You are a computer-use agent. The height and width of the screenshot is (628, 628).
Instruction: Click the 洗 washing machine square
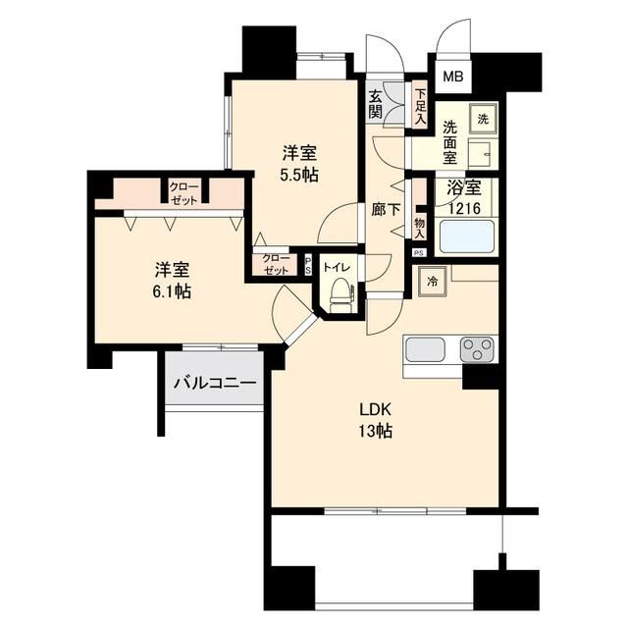coord(483,118)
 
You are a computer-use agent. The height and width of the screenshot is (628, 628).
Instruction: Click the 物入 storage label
coord(420,228)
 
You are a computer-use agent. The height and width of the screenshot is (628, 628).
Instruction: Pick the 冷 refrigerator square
coord(433,282)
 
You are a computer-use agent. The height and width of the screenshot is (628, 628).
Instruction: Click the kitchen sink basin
coord(427,348)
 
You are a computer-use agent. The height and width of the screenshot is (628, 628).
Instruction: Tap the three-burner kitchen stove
coord(478,348)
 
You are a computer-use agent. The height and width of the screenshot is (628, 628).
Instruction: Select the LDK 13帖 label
coord(374,420)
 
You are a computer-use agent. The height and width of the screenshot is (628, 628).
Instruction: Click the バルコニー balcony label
coord(215,382)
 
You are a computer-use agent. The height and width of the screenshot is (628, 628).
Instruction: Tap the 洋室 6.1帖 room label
coord(171,279)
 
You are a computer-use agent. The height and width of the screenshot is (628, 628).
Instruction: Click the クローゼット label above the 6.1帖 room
coord(183,191)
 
